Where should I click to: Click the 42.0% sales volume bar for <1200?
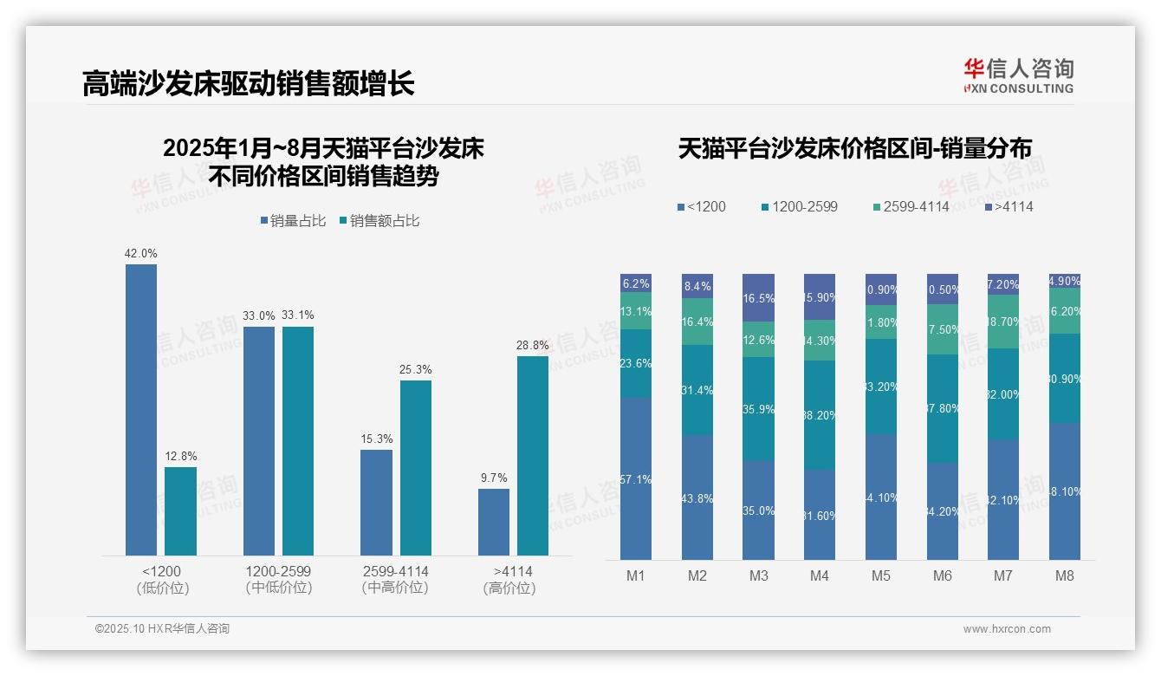[141, 409]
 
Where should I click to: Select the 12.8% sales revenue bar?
[180, 511]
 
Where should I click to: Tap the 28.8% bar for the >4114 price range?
[533, 455]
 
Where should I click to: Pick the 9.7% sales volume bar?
[494, 522]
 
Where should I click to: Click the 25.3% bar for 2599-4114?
[415, 468]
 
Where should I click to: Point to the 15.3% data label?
[377, 439]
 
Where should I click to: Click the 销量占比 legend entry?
[293, 221]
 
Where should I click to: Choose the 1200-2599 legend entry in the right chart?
[799, 207]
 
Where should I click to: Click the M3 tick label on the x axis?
[758, 576]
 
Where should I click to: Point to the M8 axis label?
[1065, 576]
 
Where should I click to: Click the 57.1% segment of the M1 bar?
[636, 478]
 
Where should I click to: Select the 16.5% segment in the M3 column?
[758, 297]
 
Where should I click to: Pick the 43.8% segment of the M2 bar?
[697, 497]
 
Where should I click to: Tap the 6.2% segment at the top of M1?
[636, 283]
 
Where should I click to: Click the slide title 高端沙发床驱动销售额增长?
[248, 83]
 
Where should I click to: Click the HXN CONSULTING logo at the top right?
[1018, 75]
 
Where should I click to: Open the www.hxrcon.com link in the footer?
[1007, 629]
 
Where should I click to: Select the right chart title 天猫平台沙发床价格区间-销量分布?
[854, 148]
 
